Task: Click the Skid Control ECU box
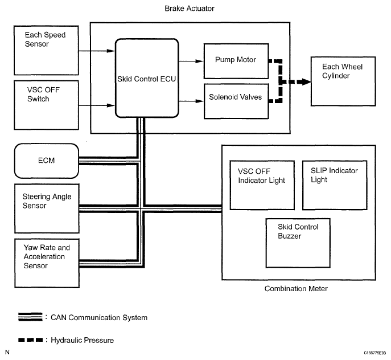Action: click(x=147, y=78)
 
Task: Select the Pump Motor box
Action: click(x=236, y=61)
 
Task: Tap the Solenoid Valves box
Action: click(x=236, y=101)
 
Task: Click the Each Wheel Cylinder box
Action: click(x=343, y=81)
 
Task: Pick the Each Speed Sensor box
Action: click(x=46, y=50)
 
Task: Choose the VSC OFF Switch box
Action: click(x=46, y=105)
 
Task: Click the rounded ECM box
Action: click(x=47, y=161)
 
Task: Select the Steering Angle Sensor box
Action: click(x=47, y=208)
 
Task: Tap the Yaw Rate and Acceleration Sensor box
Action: click(x=47, y=263)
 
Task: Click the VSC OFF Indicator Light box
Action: click(x=262, y=185)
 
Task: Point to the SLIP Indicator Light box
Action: click(x=335, y=185)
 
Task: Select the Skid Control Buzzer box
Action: click(x=298, y=243)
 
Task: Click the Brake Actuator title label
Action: click(x=190, y=9)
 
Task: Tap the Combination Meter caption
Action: click(x=296, y=289)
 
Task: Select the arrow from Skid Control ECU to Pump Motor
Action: click(x=191, y=61)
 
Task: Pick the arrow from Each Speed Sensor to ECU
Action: click(x=97, y=51)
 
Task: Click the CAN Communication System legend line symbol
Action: click(x=30, y=317)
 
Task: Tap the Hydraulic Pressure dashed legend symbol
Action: click(x=30, y=339)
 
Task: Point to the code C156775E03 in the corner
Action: click(x=375, y=353)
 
